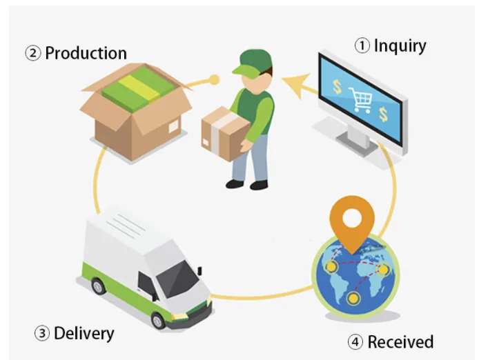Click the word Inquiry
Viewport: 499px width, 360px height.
click(400, 46)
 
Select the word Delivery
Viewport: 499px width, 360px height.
click(84, 334)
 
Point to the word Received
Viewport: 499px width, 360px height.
click(400, 341)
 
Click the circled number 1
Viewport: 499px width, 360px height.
click(362, 47)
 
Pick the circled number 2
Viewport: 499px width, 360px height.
click(33, 54)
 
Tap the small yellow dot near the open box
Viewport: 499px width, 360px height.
click(215, 79)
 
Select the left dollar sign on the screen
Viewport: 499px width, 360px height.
click(337, 88)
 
